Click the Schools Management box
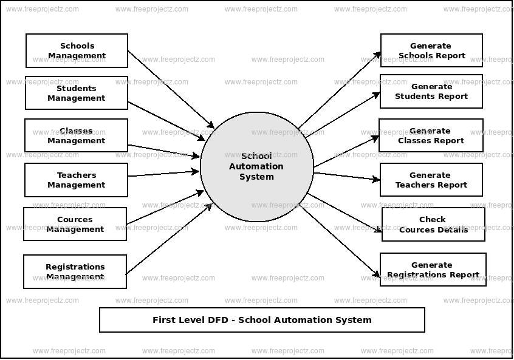pos(77,50)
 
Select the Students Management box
pos(77,93)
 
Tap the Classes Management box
pos(77,135)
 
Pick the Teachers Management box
pos(77,180)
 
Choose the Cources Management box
pos(75,224)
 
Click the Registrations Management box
pos(75,271)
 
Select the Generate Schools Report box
pos(431,50)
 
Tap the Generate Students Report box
pos(431,91)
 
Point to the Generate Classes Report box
pos(431,135)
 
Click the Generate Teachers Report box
pos(431,180)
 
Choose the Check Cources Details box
pos(433,225)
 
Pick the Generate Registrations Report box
pos(433,270)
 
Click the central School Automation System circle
pos(256,166)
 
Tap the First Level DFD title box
pos(262,320)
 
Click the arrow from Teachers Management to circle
pos(164,174)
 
